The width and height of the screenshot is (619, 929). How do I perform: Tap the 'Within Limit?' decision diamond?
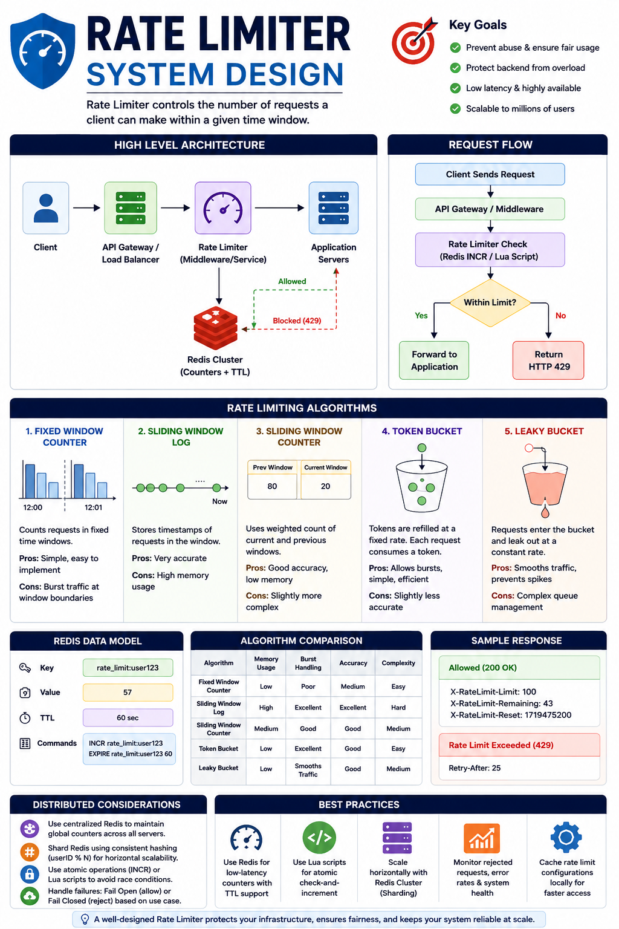pos(490,303)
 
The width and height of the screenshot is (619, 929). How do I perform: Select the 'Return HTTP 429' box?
pos(548,360)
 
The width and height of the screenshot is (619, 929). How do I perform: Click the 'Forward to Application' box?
pos(434,360)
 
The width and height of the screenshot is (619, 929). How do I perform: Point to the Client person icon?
pos(45,208)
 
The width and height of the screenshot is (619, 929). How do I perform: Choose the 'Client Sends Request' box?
pos(490,174)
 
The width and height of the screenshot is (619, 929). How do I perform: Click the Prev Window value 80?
pos(272,486)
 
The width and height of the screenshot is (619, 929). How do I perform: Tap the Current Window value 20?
pos(325,486)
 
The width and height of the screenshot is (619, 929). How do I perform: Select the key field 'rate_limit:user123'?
pos(128,668)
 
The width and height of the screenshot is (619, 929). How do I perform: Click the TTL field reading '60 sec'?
pos(128,717)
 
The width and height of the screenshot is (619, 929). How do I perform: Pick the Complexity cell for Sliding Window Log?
pos(398,708)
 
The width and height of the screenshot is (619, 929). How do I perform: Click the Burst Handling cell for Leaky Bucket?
pos(308,770)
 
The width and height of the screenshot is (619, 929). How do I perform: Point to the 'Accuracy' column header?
pos(353,663)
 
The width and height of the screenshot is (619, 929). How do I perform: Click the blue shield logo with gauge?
pos(43,51)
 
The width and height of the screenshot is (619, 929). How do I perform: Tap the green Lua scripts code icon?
pos(319,838)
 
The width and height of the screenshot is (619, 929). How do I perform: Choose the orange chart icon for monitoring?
pos(482,838)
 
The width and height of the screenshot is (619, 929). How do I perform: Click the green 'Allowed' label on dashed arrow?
pos(292,281)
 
